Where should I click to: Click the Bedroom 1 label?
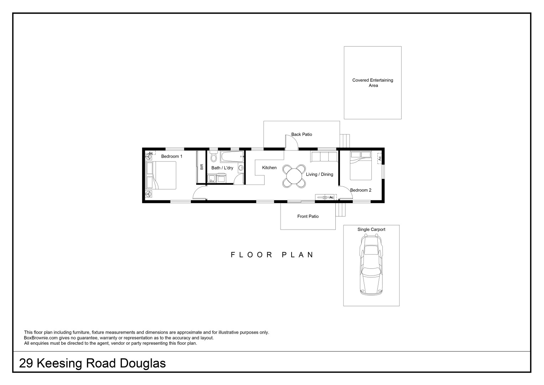point(172,156)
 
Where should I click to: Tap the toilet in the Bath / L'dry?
point(214,157)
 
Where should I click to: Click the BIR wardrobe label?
point(202,167)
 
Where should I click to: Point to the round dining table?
point(294,176)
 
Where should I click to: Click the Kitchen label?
point(269,168)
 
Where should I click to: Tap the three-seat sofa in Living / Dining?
point(324,157)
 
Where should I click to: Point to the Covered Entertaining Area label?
point(373,83)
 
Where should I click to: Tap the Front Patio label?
point(308,216)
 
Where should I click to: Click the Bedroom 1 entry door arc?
point(199,193)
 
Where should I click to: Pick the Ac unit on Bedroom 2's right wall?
point(380,158)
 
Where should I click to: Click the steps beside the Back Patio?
point(345,140)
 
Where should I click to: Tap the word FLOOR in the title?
point(252,255)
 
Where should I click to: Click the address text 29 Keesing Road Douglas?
point(92,363)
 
